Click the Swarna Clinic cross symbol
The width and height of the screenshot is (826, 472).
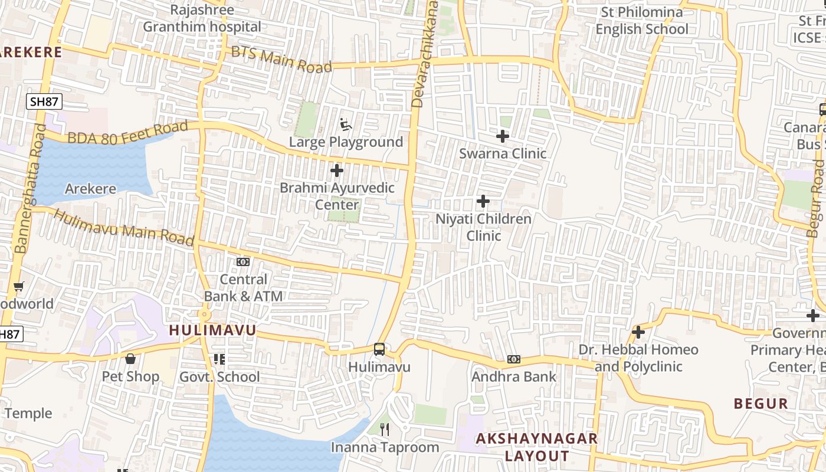coord(502,136)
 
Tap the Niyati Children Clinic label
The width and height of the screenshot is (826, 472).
coord(483,227)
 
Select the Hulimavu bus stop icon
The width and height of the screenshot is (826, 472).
coord(379,349)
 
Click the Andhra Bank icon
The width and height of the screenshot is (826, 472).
coord(513,359)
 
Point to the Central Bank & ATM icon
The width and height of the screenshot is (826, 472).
coord(243,261)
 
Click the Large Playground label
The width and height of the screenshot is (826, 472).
coord(346,142)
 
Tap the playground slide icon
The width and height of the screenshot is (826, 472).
coord(346,124)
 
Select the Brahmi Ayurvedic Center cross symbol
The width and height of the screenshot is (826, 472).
coord(336,171)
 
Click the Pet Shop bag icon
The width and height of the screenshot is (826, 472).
coord(130,359)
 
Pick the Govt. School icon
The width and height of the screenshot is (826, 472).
coord(219,359)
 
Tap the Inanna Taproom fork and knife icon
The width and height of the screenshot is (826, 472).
coord(385,429)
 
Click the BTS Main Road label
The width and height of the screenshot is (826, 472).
coord(281,60)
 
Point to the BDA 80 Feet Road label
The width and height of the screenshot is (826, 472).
coord(127,133)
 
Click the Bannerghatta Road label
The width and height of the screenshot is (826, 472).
coord(29,189)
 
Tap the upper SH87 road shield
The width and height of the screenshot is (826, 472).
coord(44,101)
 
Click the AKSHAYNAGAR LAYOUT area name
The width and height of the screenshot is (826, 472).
coord(537,447)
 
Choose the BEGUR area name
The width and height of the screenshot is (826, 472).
coord(761,404)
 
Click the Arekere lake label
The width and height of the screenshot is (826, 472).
coord(90,189)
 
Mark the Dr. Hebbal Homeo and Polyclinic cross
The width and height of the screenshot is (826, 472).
coord(638,332)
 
